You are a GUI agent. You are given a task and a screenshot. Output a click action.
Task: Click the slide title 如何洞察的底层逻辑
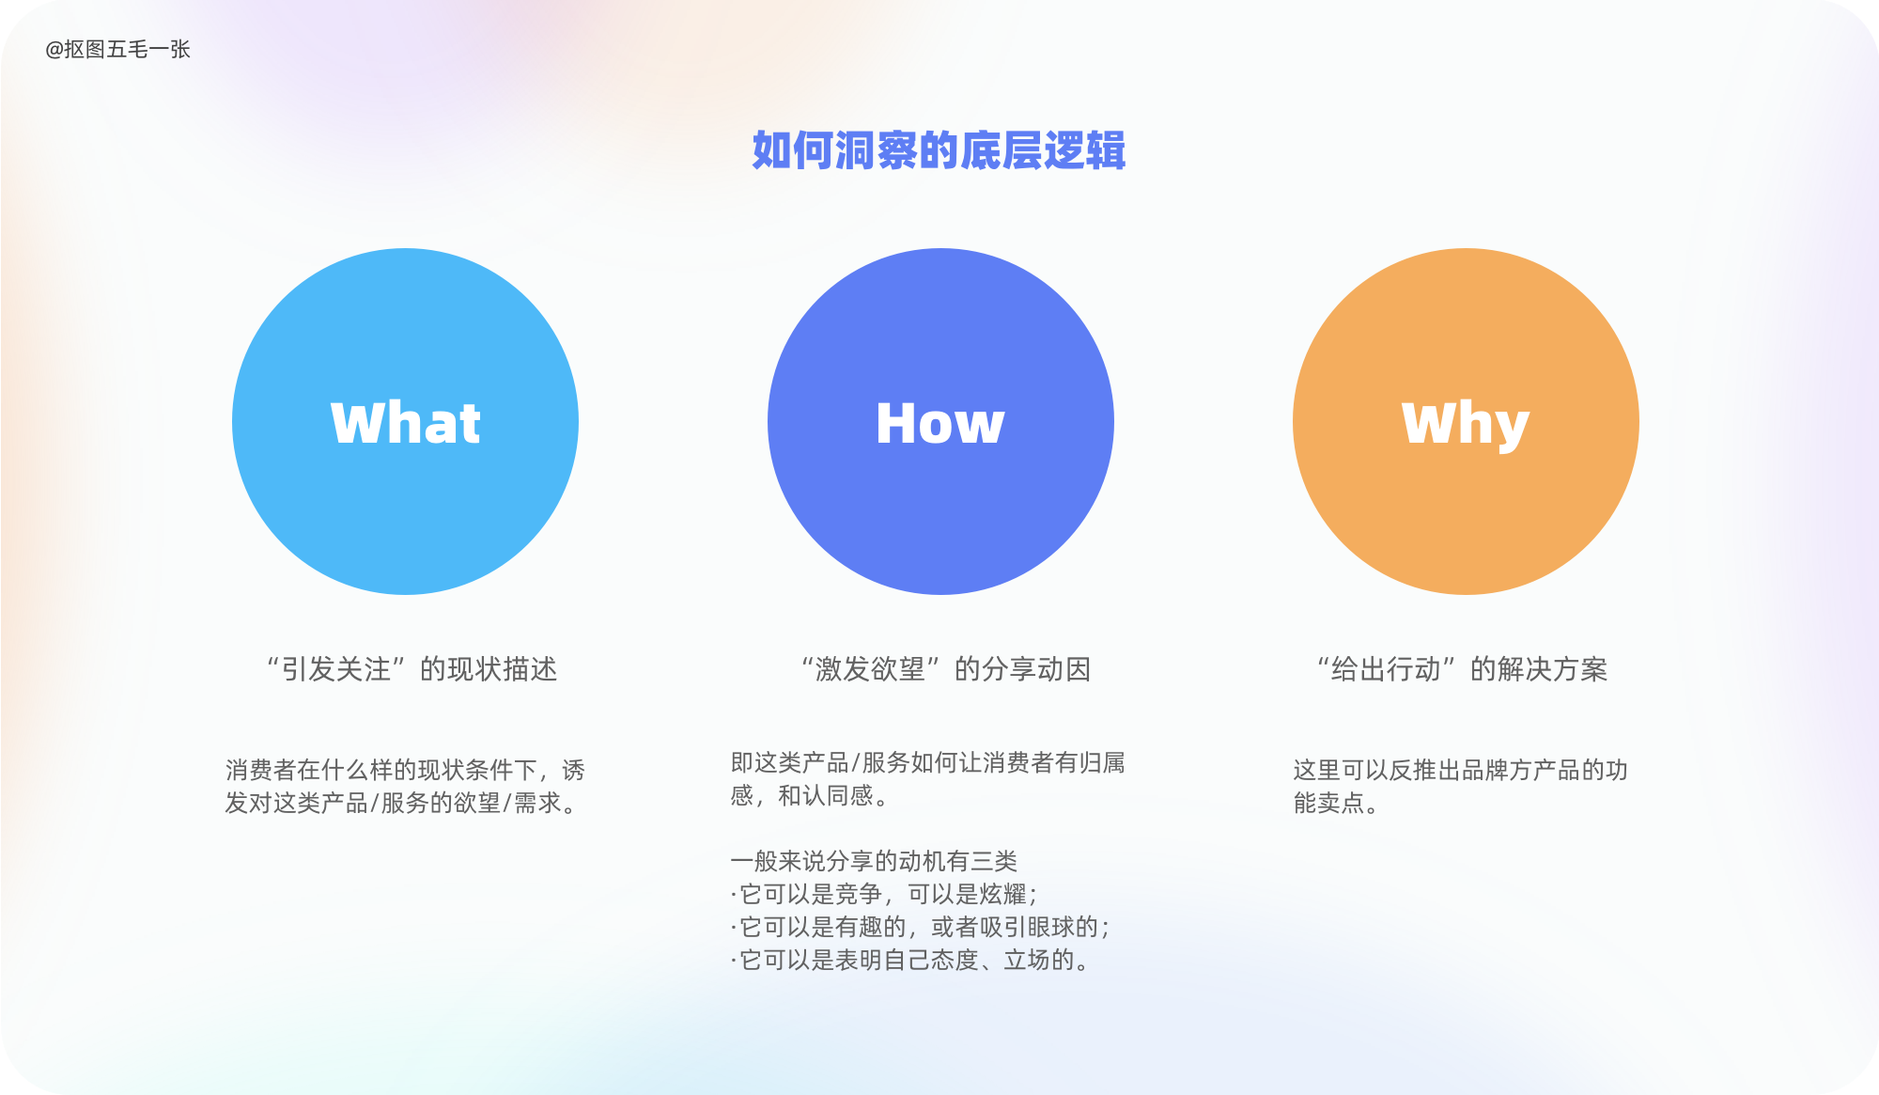coord(939,150)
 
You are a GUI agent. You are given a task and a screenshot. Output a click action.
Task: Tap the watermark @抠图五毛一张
coord(117,50)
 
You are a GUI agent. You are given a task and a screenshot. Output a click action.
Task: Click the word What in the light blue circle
coord(406,423)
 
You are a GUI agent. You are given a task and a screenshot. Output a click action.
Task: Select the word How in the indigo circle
coord(940,423)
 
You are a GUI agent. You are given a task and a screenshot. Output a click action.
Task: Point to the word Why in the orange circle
coord(1466,425)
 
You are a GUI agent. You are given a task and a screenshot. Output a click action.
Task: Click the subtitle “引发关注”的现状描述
coord(412,669)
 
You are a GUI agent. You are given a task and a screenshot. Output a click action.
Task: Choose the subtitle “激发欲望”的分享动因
coord(945,669)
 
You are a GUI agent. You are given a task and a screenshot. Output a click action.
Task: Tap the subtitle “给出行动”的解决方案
coord(1462,669)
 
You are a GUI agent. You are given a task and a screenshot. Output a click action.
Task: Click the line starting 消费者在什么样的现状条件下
coord(405,771)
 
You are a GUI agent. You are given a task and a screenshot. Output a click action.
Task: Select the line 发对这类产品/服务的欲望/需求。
coord(401,804)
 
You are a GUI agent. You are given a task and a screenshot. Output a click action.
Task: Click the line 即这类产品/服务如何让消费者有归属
coord(928,762)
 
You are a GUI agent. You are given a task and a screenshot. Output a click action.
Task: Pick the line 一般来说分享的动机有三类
coord(874,861)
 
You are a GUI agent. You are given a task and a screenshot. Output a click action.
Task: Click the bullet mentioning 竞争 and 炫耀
coord(884,894)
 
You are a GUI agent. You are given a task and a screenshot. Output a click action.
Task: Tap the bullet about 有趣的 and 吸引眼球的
coord(921,927)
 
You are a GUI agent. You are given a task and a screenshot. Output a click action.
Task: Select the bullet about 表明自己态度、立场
coord(910,960)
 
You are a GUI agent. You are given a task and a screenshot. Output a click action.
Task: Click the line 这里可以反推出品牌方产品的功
coord(1460,771)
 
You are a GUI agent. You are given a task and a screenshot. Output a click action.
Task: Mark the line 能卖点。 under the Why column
coord(1336,804)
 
